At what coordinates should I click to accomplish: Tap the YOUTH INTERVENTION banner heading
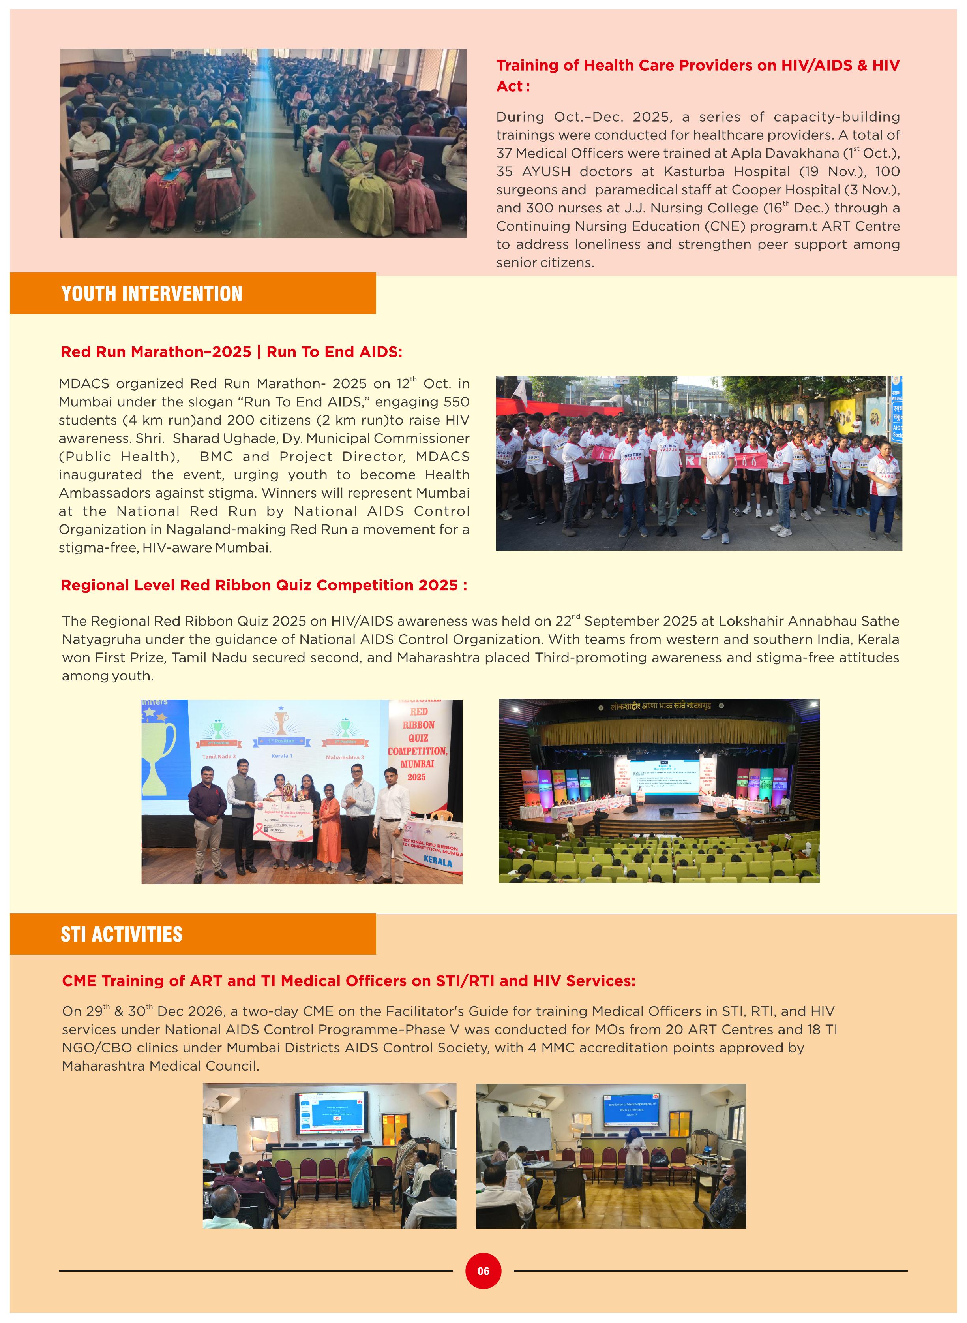152,293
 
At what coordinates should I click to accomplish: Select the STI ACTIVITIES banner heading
122,934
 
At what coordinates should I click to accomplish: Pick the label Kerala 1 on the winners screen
281,755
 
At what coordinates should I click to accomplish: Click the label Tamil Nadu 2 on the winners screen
219,757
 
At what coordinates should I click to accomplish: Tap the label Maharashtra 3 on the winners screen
345,757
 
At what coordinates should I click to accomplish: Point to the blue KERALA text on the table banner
438,862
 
